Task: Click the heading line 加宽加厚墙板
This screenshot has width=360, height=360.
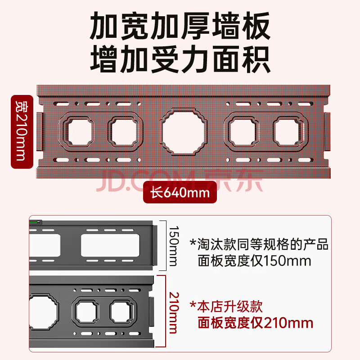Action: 180,26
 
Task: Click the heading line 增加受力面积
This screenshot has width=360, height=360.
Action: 180,59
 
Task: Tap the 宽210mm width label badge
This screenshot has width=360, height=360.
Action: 22,131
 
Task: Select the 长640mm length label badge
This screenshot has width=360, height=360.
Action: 180,193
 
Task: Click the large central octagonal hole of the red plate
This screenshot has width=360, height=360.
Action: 184,132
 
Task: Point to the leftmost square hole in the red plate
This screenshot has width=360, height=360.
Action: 80,132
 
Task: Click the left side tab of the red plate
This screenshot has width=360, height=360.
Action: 39,131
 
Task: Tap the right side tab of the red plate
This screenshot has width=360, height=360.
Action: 327,131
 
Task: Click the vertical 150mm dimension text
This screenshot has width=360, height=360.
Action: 173,246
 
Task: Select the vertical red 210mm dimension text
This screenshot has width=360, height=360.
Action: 173,312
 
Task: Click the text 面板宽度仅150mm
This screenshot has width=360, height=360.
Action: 254,261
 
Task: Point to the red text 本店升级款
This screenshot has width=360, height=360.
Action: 226,306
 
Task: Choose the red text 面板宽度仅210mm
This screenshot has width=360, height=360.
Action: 255,323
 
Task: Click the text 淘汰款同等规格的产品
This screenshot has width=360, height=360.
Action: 259,244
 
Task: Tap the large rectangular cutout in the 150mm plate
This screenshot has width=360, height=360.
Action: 110,245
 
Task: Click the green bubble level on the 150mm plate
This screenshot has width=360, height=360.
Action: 36,222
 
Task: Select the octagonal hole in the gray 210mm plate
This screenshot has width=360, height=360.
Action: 43,311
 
